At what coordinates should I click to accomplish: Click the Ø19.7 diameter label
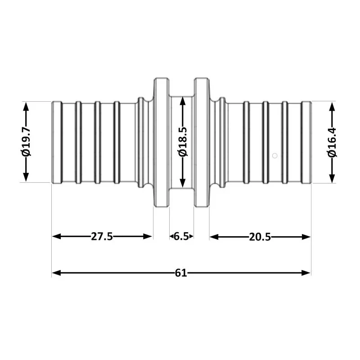pyautogui.click(x=26, y=142)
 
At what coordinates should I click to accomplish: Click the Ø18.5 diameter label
pyautogui.click(x=182, y=142)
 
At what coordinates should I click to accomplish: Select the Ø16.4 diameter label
pyautogui.click(x=332, y=142)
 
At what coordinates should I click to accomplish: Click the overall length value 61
pyautogui.click(x=181, y=273)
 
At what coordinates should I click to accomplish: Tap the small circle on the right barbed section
pyautogui.click(x=275, y=156)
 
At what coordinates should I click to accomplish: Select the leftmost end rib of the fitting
pyautogui.click(x=57, y=142)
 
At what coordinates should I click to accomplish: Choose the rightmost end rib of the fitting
pyautogui.click(x=306, y=142)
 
